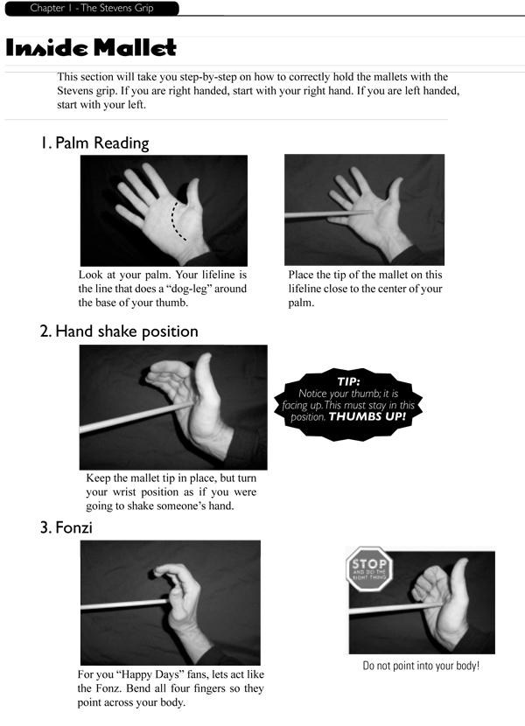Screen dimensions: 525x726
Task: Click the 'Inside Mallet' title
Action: tap(91, 48)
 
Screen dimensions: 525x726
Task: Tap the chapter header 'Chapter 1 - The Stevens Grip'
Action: tap(92, 8)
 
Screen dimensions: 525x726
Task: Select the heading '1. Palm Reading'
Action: tap(94, 143)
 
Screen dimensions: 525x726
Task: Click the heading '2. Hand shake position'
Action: tap(119, 332)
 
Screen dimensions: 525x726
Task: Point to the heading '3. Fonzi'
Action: tap(66, 527)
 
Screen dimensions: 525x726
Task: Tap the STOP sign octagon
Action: tap(369, 569)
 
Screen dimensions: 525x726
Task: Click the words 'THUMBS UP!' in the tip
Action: tap(367, 415)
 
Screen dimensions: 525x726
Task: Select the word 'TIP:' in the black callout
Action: tap(348, 381)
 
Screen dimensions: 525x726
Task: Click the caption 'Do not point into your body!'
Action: tap(421, 666)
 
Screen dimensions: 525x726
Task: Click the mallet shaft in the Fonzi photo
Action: tap(125, 604)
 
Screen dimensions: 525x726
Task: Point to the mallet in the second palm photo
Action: tap(328, 214)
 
